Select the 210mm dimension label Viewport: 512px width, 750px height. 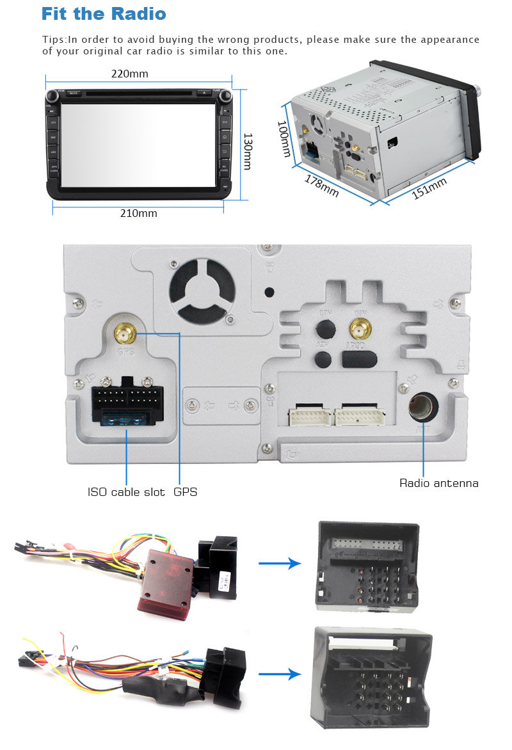point(139,213)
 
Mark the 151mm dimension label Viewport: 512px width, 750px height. point(429,188)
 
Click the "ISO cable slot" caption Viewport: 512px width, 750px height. point(126,492)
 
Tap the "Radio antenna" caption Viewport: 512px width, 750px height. point(439,483)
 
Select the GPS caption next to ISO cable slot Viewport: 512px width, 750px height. point(186,492)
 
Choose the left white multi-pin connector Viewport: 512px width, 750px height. point(310,417)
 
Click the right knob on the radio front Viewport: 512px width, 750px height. point(226,96)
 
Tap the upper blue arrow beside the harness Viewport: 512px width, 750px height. point(280,563)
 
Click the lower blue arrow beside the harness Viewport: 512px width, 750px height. point(280,674)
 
